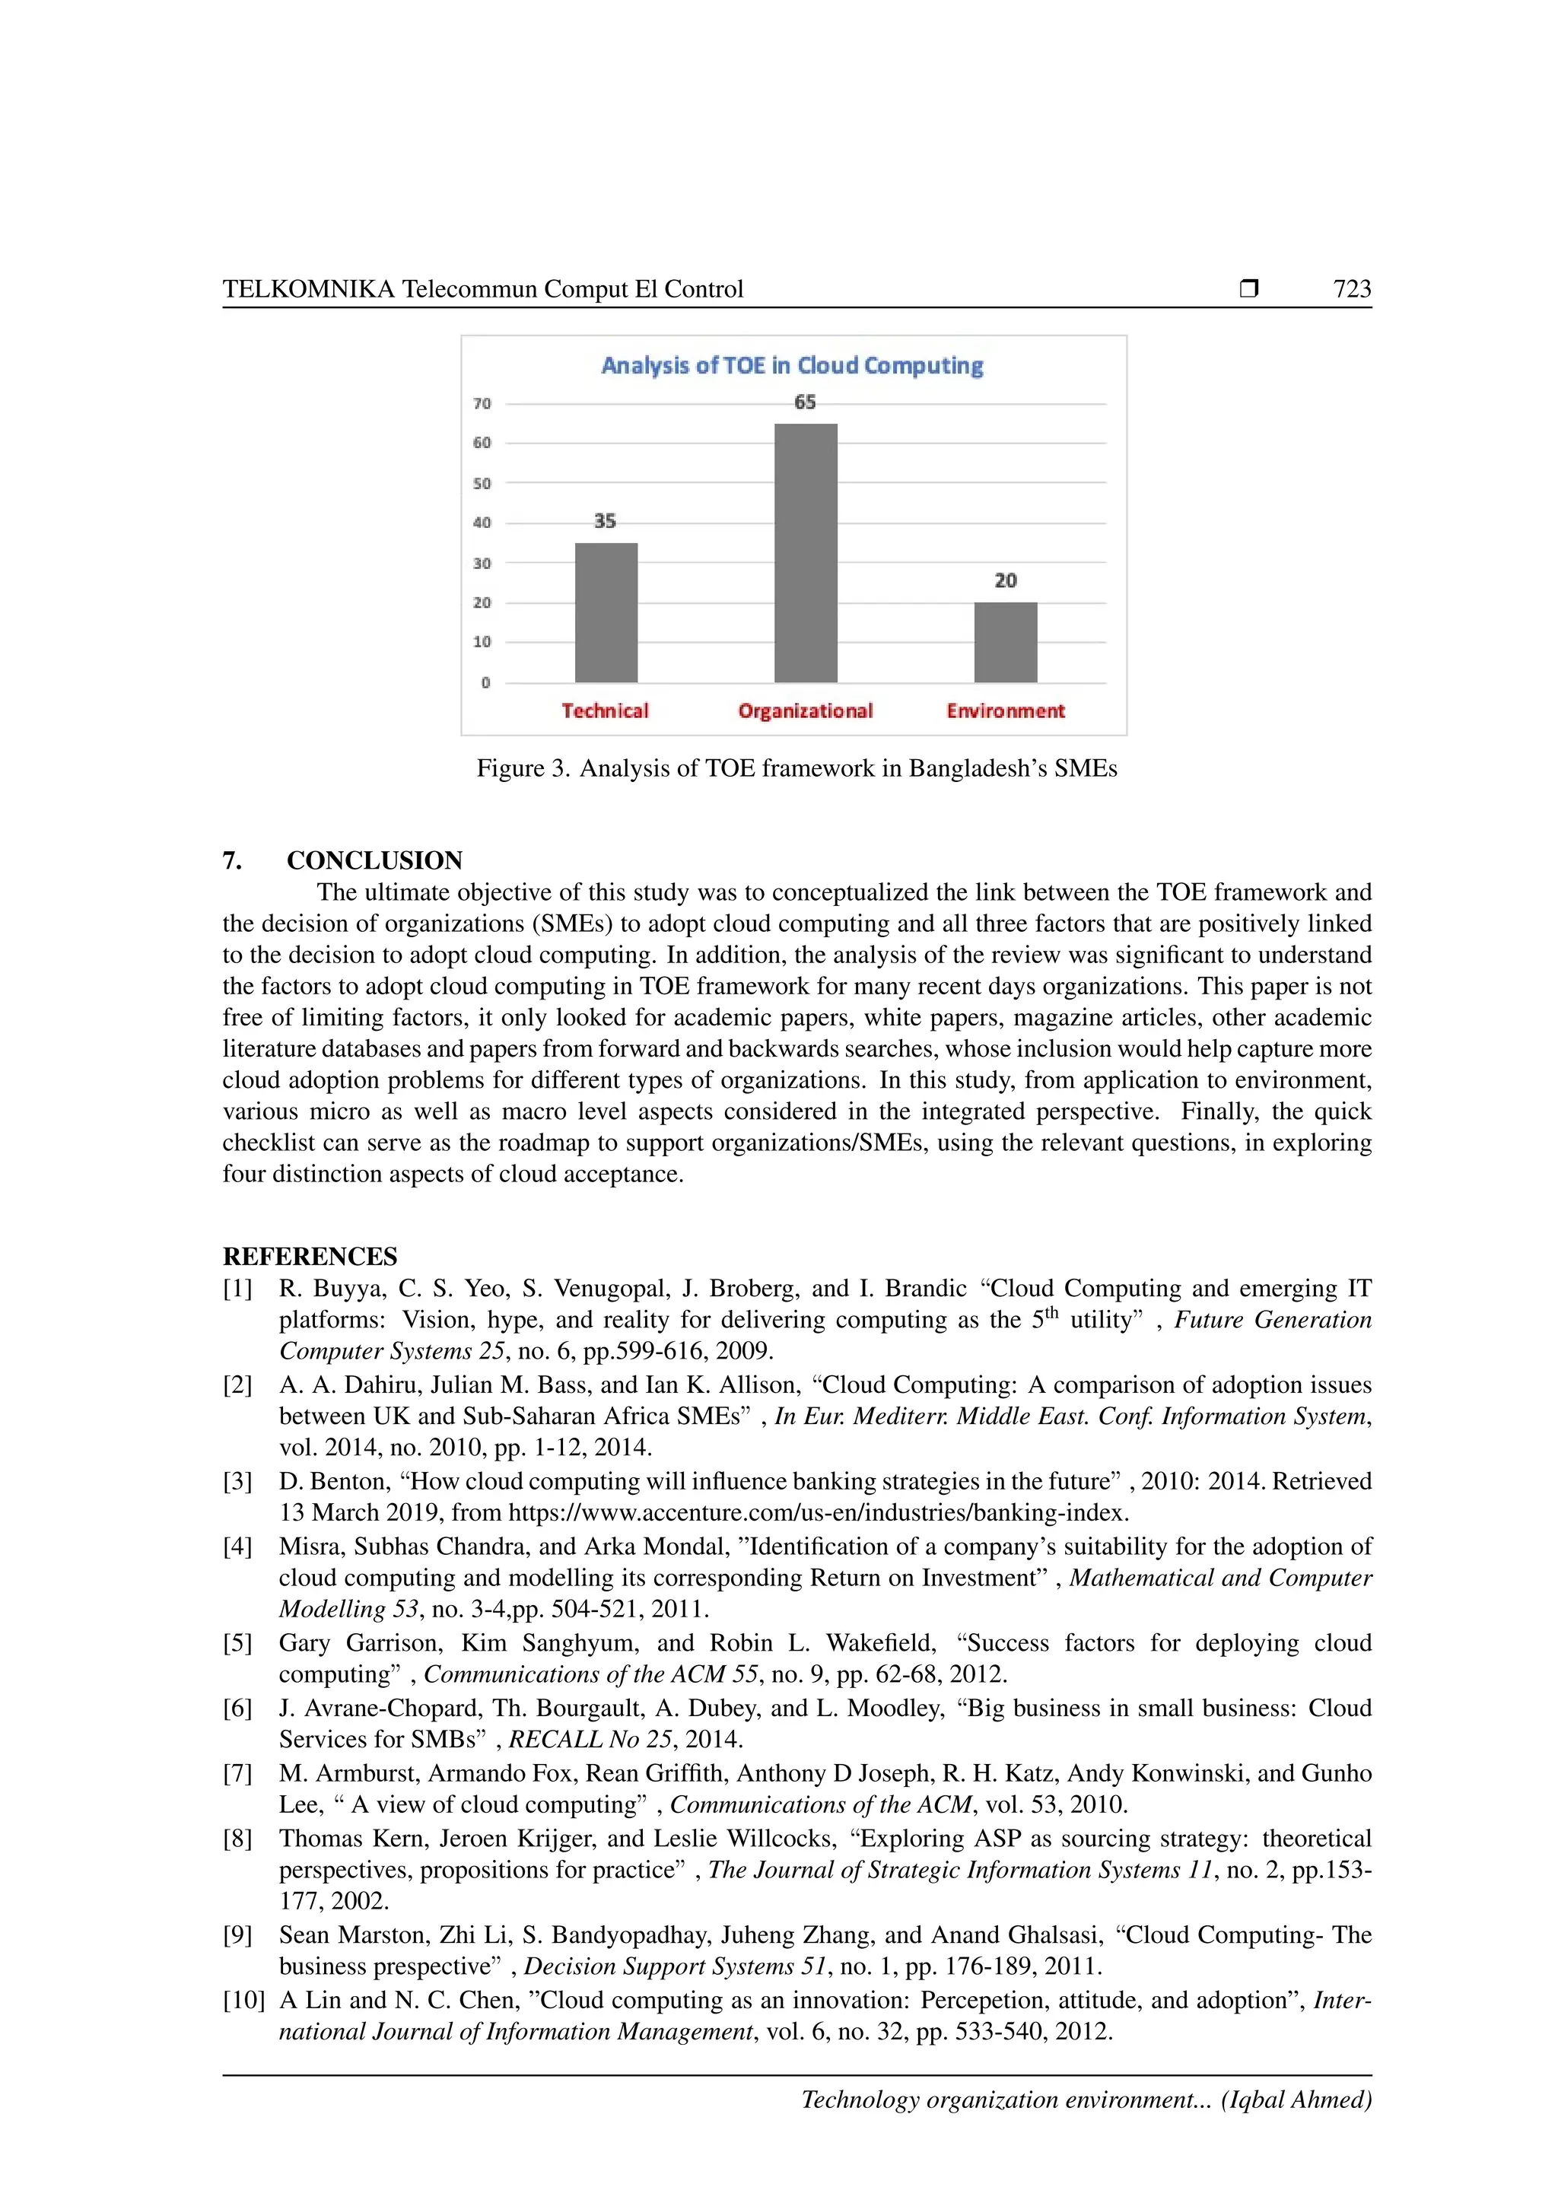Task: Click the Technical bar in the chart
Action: [x=606, y=613]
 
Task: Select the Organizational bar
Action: [x=805, y=553]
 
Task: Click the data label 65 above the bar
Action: [x=805, y=402]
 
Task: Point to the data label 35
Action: [x=604, y=521]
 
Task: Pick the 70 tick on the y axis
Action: [x=482, y=404]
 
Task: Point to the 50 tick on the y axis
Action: [x=482, y=484]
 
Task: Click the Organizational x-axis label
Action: [x=805, y=711]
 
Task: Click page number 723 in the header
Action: [x=1352, y=289]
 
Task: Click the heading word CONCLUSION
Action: [x=374, y=860]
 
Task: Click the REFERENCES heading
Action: [x=309, y=1256]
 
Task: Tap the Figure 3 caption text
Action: [x=796, y=768]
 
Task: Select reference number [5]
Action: [x=237, y=1642]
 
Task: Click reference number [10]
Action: [x=243, y=2000]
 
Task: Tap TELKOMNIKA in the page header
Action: [x=308, y=289]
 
